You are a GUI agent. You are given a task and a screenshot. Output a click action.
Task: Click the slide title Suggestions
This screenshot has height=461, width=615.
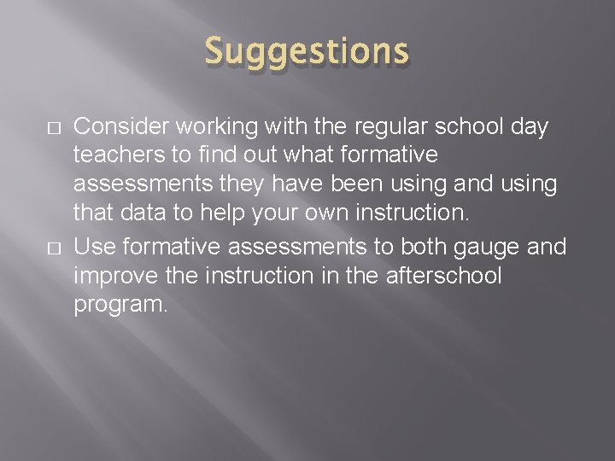click(307, 52)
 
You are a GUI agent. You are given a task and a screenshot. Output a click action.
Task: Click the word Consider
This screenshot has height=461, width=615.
click(120, 126)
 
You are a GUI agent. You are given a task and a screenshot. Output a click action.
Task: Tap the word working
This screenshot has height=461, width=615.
click(214, 126)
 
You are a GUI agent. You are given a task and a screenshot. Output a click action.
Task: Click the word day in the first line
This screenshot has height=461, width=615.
click(530, 126)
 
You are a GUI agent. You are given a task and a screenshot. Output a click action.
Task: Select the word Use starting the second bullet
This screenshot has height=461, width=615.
click(93, 247)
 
